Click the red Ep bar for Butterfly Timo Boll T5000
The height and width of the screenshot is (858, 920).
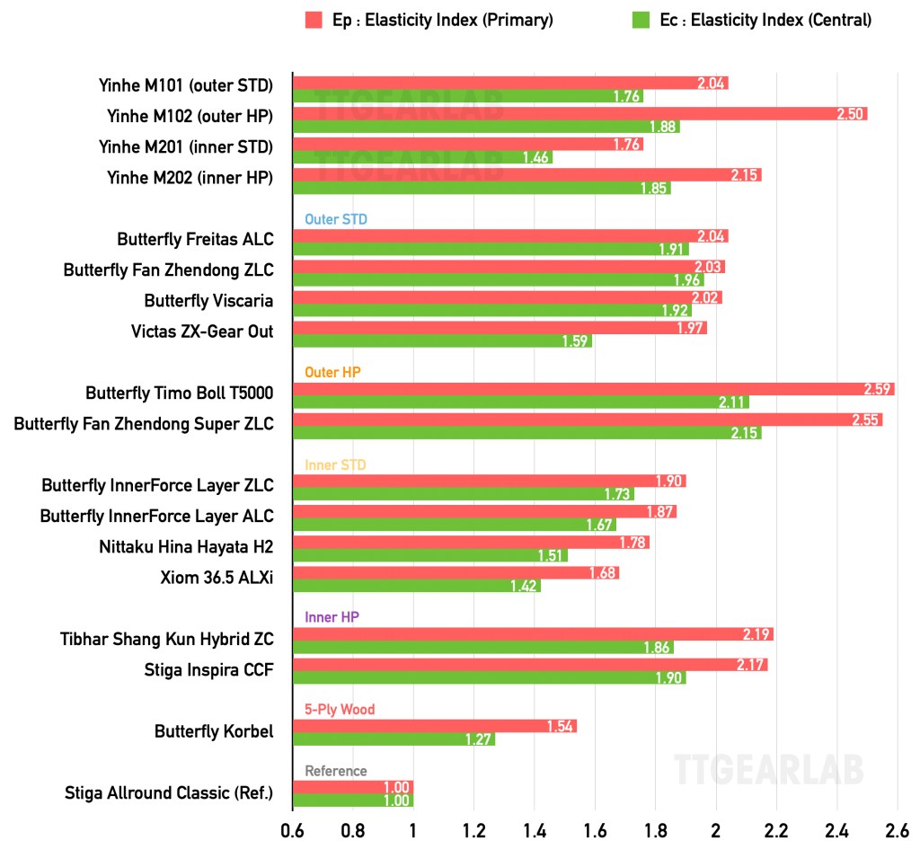coord(593,389)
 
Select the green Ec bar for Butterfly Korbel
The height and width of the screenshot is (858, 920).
coord(394,739)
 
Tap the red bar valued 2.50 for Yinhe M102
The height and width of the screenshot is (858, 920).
coord(579,114)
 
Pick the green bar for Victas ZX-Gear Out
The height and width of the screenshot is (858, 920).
coord(442,341)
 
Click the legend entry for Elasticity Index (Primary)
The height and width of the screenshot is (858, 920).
coord(429,20)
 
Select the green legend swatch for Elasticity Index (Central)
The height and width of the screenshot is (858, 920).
coord(641,20)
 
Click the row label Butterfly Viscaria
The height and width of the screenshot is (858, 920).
coord(208,300)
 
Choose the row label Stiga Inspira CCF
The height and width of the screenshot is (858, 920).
coord(208,669)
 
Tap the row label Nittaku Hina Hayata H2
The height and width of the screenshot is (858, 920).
coord(186,546)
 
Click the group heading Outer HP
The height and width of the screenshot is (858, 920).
coord(332,372)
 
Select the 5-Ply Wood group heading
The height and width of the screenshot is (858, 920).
coord(340,710)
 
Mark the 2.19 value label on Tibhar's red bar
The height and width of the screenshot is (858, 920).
coord(757,634)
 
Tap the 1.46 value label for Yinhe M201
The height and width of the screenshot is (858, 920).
coord(536,157)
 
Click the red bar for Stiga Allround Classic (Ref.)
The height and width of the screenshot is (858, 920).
coord(352,788)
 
